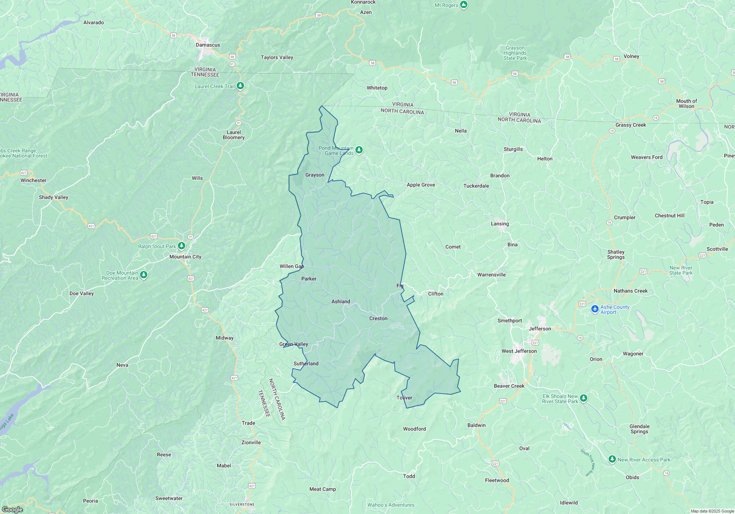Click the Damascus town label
[x=208, y=45]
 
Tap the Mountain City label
[x=185, y=257]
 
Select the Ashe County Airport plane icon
[x=595, y=309]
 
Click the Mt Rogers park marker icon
[x=464, y=5]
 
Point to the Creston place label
[x=378, y=318]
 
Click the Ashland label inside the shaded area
[x=341, y=301]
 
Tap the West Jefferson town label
[x=519, y=351]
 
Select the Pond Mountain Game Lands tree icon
[x=359, y=150]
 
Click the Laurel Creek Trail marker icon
[x=240, y=86]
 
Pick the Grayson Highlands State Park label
[x=515, y=53]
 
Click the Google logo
[x=12, y=509]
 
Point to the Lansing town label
[x=500, y=224]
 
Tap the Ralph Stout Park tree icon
[x=181, y=246]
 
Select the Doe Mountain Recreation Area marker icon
[x=144, y=275]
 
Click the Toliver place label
[x=404, y=398]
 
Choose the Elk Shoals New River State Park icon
[x=583, y=398]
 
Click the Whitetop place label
[x=377, y=88]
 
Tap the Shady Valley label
[x=54, y=197]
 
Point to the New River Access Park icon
[x=612, y=459]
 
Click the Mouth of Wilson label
[x=686, y=104]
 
